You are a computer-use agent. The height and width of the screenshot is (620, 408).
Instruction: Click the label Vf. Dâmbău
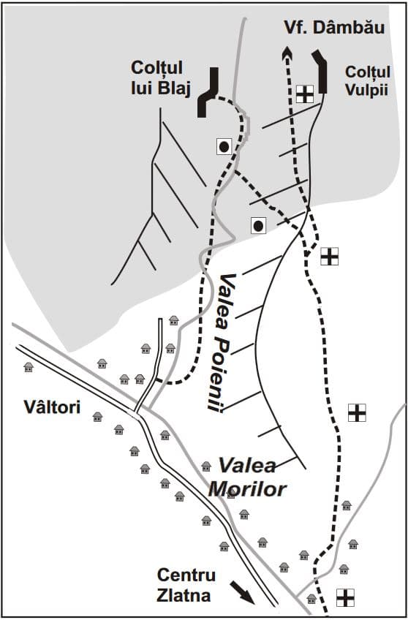pyautogui.click(x=334, y=28)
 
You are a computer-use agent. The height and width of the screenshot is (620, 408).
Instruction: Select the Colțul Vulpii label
pyautogui.click(x=367, y=81)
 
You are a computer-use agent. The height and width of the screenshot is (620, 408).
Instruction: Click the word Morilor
pyautogui.click(x=246, y=489)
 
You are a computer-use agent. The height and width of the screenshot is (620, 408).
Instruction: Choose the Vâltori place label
pyautogui.click(x=52, y=407)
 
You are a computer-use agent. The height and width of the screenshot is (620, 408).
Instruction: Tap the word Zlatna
pyautogui.click(x=184, y=595)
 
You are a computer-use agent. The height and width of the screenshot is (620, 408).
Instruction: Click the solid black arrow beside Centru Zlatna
pyautogui.click(x=242, y=592)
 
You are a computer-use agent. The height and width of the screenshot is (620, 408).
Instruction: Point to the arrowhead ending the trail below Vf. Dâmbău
pyautogui.click(x=287, y=53)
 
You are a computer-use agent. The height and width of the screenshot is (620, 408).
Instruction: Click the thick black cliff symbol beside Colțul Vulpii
pyautogui.click(x=322, y=71)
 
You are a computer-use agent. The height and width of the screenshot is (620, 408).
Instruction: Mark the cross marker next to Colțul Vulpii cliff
pyautogui.click(x=305, y=94)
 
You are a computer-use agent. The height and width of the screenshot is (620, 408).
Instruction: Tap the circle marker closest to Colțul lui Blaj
pyautogui.click(x=224, y=147)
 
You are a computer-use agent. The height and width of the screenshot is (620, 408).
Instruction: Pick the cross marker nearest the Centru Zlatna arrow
pyautogui.click(x=345, y=597)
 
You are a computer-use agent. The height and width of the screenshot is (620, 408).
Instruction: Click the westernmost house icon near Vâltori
pyautogui.click(x=29, y=367)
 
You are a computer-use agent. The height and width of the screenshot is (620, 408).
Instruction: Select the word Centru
pyautogui.click(x=186, y=575)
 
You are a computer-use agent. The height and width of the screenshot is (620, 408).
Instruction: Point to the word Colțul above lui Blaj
pyautogui.click(x=156, y=68)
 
